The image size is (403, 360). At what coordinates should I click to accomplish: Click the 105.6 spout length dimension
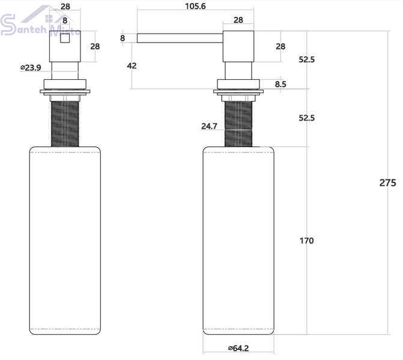point(195,6)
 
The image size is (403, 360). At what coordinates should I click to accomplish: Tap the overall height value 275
point(387,183)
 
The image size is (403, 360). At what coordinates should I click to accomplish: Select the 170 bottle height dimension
point(307,241)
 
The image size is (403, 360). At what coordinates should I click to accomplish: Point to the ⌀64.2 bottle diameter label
point(238,348)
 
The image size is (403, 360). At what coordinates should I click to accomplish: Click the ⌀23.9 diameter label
point(31,68)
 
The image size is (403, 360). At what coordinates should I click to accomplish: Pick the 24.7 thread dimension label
point(209,126)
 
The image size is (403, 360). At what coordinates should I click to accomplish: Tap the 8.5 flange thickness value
point(280,84)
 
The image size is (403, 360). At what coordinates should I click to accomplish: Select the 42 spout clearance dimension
point(132,66)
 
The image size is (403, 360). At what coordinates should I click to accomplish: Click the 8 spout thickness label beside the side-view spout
point(123,38)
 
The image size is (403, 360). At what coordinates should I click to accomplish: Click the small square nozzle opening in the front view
point(65,38)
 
